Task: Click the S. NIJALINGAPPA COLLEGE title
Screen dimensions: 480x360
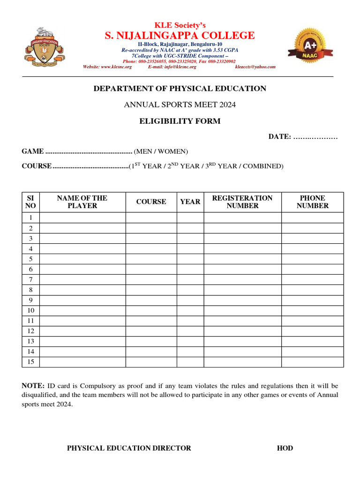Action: (180, 36)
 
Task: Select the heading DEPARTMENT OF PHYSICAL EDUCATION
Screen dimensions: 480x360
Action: (180, 89)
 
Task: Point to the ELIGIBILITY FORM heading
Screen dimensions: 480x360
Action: (180, 121)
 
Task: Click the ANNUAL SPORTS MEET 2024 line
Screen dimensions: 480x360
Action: (180, 105)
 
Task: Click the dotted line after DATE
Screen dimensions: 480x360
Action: (315, 137)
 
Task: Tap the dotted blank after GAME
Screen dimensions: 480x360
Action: (89, 151)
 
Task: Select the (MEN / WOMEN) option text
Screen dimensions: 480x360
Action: (161, 151)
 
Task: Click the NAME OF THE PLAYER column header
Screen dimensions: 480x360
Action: (82, 202)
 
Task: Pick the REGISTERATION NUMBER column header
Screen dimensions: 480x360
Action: (242, 202)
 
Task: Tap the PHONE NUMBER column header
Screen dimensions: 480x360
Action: (312, 202)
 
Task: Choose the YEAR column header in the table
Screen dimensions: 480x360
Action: (190, 202)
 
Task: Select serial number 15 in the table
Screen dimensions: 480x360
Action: (30, 362)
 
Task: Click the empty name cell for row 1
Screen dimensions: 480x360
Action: (82, 217)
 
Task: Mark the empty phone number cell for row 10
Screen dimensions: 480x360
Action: (312, 310)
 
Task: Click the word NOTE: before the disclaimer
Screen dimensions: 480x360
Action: (33, 386)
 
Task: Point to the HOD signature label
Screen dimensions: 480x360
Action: (285, 448)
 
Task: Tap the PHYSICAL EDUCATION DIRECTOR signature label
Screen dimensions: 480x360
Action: (129, 448)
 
